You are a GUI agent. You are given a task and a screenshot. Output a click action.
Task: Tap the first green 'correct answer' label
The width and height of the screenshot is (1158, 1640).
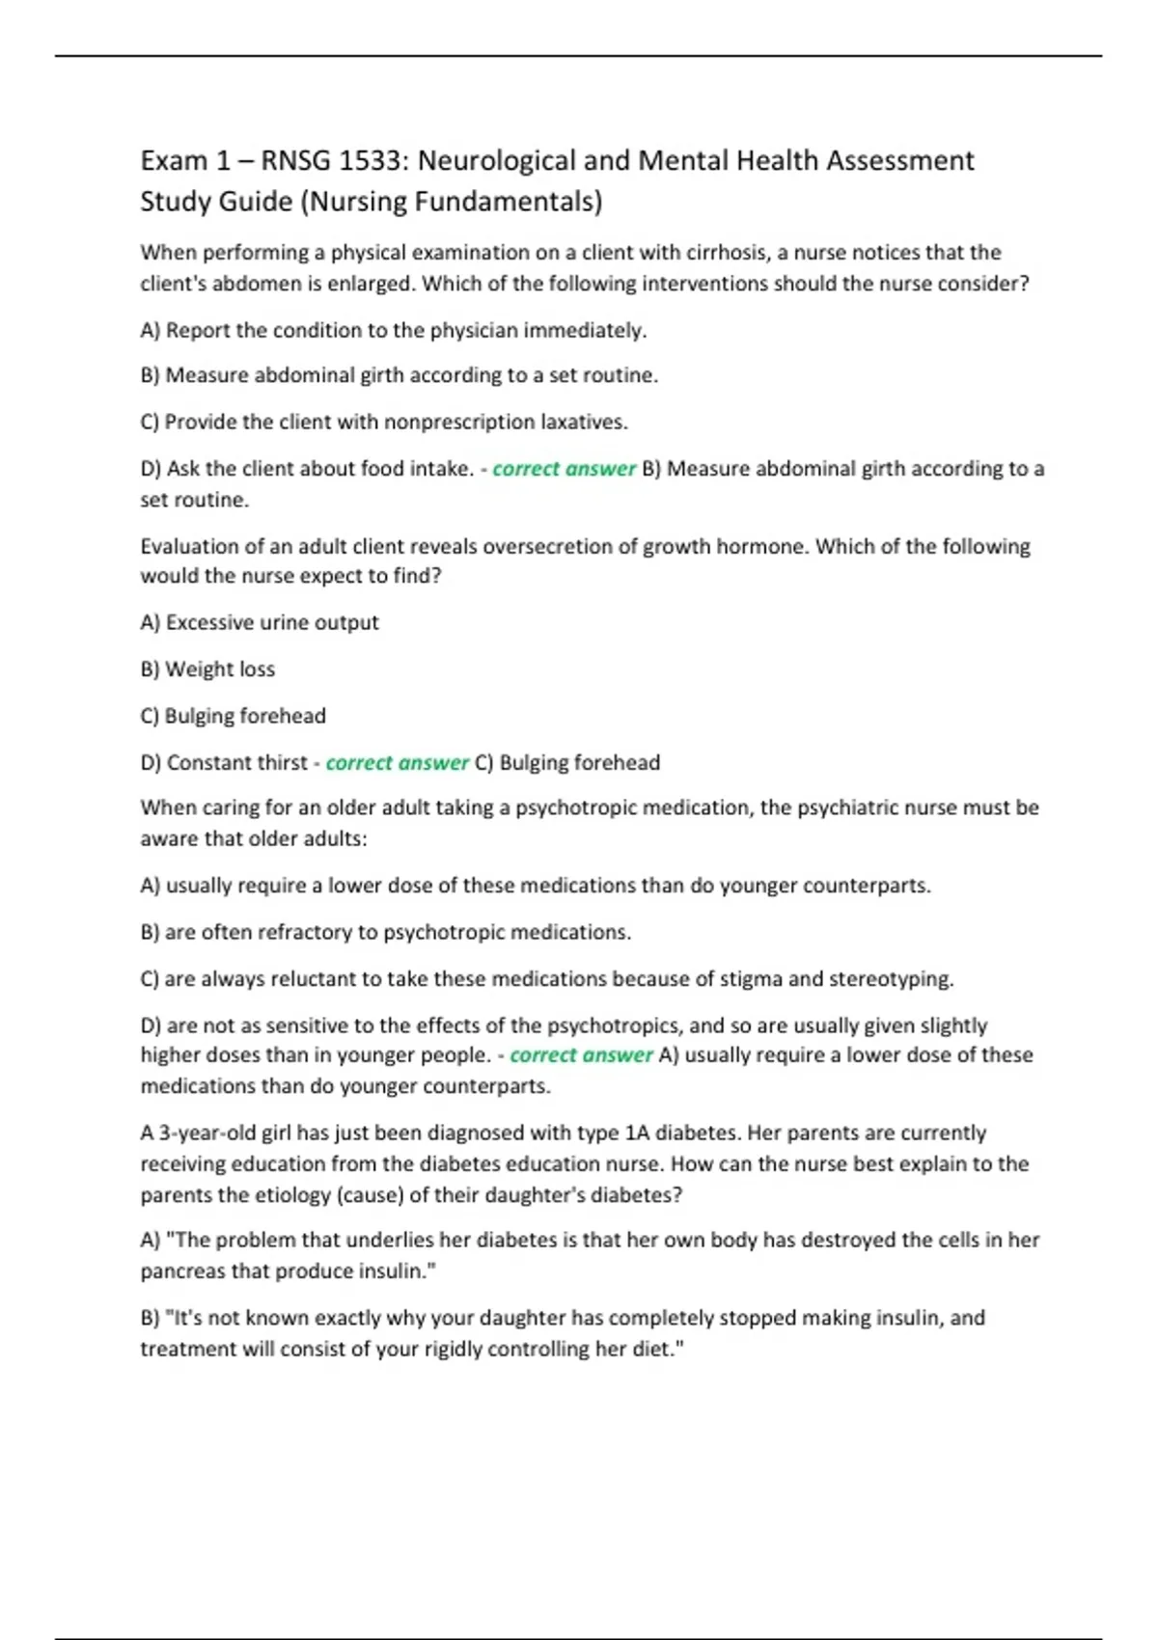point(564,469)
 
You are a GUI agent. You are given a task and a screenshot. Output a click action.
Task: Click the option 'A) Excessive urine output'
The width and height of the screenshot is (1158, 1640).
point(260,622)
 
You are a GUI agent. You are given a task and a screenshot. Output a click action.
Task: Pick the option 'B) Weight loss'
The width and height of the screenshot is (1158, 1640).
point(207,670)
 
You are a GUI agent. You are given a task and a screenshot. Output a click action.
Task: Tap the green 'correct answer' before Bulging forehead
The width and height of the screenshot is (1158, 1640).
point(397,763)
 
